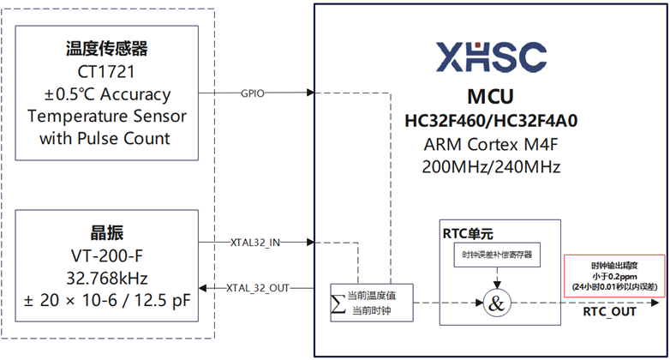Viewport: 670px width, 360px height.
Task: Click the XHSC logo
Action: (491, 57)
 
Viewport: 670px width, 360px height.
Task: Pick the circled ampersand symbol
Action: (495, 302)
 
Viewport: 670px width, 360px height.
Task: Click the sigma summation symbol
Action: (338, 303)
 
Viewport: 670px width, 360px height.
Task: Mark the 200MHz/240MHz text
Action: (491, 166)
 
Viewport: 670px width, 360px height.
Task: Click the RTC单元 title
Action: (468, 233)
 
